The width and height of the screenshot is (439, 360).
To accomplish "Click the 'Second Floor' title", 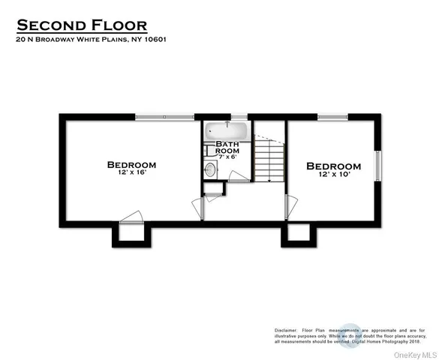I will tap(92, 26).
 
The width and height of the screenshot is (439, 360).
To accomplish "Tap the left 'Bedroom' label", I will tap(131, 164).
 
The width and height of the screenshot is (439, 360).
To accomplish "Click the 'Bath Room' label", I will tap(227, 147).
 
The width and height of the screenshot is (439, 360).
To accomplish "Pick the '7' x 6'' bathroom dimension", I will tap(227, 157).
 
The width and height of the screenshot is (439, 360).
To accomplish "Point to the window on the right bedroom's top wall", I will tap(330, 116).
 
